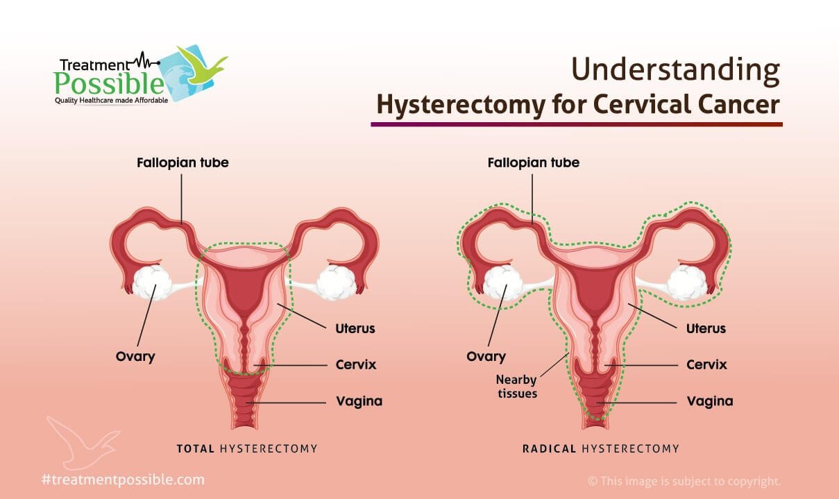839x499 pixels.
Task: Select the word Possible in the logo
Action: tap(109, 83)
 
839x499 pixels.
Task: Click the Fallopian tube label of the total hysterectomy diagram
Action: tap(183, 162)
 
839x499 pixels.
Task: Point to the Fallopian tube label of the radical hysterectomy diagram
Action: tap(534, 162)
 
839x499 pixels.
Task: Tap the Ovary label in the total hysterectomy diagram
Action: tap(135, 357)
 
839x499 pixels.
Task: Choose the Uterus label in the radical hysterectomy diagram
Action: tap(706, 328)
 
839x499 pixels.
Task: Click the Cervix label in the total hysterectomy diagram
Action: tap(356, 364)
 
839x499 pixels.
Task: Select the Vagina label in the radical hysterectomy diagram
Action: tap(710, 401)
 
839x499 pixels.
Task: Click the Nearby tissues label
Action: tap(516, 387)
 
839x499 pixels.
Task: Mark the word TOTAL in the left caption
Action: tap(196, 449)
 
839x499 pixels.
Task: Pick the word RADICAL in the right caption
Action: tap(549, 449)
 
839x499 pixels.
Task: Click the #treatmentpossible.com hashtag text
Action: tap(124, 480)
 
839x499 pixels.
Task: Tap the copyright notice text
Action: tap(684, 481)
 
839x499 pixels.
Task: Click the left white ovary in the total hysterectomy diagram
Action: tap(152, 282)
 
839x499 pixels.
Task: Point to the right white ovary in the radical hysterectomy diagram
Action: tap(687, 283)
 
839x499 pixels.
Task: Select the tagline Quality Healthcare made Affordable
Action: tap(111, 101)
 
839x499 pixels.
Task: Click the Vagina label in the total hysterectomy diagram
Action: tap(359, 401)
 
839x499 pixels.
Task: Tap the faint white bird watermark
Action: tap(83, 442)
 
